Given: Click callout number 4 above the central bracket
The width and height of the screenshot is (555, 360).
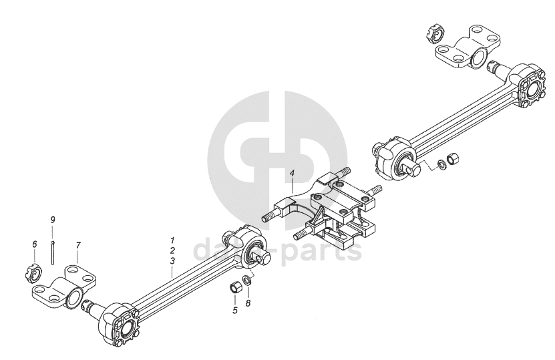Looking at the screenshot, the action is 291,174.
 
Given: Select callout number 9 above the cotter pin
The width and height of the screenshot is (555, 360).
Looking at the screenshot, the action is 53,220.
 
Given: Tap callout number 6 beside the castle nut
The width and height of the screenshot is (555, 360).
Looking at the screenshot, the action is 34,244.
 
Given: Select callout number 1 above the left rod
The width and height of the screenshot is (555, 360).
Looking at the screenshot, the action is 172,239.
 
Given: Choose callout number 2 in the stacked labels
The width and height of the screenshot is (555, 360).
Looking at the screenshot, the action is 172,249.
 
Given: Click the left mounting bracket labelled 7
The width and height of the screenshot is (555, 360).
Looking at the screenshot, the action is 63,289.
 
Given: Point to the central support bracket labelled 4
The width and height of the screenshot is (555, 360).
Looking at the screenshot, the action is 331,210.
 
